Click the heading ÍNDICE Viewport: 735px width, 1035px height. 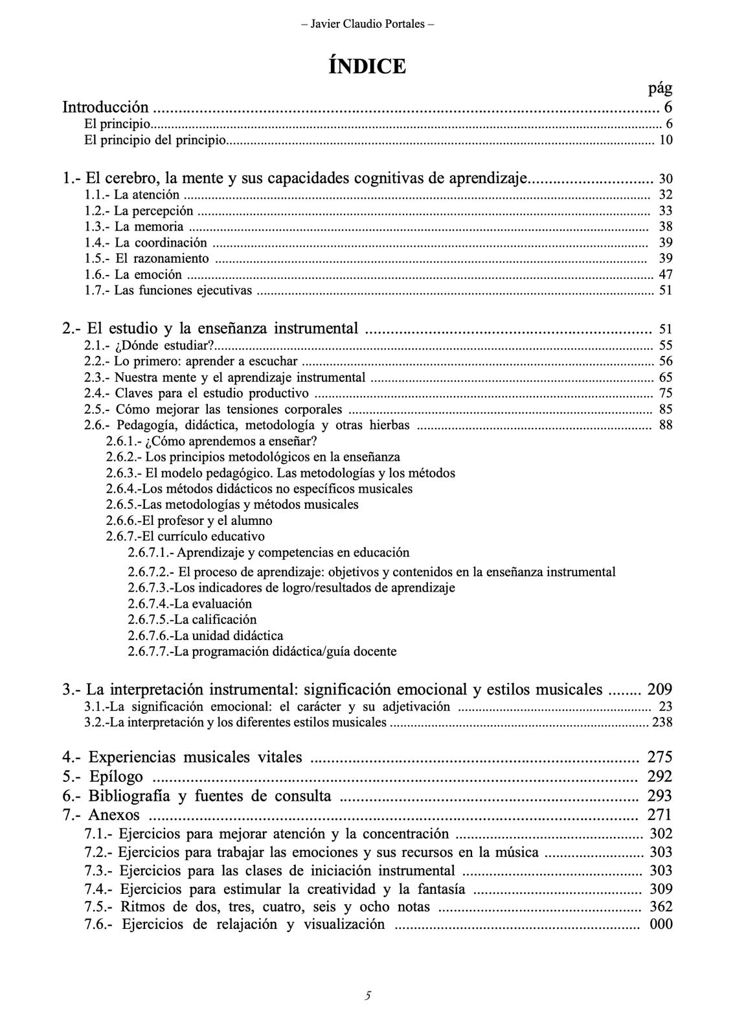(367, 66)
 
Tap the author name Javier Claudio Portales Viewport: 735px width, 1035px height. (367, 24)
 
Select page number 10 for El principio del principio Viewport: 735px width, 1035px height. (665, 140)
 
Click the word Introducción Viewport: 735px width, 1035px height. (106, 107)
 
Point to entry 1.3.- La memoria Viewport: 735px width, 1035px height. (134, 227)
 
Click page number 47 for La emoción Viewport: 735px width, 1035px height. (665, 274)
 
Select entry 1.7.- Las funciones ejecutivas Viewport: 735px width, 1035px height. (168, 291)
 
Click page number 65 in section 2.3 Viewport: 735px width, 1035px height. (665, 377)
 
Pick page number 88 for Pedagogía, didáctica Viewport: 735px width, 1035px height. (665, 425)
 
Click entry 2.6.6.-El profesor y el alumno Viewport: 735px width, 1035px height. (189, 520)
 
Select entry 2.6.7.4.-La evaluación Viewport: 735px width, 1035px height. (190, 603)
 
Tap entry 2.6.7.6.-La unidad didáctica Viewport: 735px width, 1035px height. (205, 636)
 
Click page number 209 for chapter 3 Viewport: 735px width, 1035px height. (659, 689)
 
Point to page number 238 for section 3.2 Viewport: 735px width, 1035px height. (662, 722)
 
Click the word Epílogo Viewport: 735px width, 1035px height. (116, 776)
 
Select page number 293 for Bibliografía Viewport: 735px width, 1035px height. (659, 796)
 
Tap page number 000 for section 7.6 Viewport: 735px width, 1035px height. (661, 924)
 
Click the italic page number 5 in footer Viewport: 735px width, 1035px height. (367, 996)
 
